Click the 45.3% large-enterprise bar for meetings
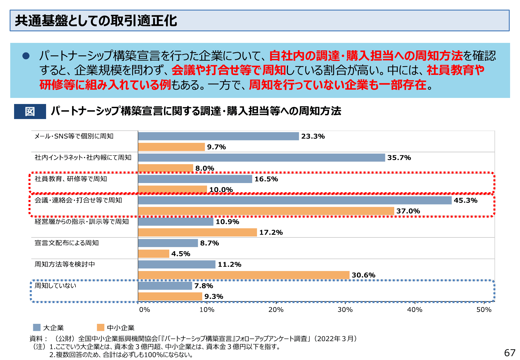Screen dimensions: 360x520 (294, 200)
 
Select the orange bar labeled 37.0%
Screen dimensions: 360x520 (266, 211)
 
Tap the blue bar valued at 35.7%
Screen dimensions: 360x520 (261, 157)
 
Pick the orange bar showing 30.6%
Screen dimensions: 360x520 (243, 275)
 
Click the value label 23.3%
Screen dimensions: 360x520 (313, 136)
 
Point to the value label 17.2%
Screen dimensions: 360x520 (271, 232)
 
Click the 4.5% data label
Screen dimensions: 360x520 (180, 254)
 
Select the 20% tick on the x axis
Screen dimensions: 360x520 (276, 309)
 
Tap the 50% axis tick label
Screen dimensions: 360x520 (484, 309)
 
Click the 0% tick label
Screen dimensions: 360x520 (144, 309)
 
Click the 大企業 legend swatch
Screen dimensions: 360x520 (37, 327)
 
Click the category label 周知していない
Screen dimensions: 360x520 (55, 285)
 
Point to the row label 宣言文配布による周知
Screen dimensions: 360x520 (67, 243)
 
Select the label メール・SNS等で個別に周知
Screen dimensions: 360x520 (74, 136)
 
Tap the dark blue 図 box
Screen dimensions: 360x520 (30, 111)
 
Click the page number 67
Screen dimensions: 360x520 (509, 353)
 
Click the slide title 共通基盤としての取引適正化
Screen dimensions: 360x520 (96, 21)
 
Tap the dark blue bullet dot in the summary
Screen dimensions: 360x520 (26, 56)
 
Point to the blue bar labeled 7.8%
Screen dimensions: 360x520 (165, 286)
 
